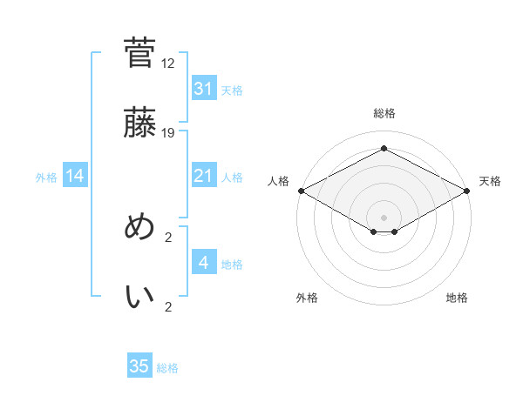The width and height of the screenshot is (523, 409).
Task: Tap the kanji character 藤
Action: click(139, 123)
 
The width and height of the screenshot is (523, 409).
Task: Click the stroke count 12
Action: click(168, 64)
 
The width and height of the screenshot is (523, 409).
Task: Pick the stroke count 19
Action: click(168, 133)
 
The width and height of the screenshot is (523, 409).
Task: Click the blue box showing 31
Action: click(203, 89)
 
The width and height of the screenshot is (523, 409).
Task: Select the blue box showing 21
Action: click(203, 177)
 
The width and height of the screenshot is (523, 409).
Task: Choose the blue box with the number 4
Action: click(203, 263)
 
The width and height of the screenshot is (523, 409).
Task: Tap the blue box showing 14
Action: click(75, 177)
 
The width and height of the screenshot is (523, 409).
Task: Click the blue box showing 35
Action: click(139, 366)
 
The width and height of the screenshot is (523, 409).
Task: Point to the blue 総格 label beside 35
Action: click(167, 368)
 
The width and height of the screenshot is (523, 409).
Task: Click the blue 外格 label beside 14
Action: click(46, 178)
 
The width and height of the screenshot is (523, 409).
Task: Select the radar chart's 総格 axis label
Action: click(384, 114)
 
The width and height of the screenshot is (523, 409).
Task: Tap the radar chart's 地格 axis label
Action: click(457, 298)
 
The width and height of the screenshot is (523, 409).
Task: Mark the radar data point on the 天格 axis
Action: click(468, 191)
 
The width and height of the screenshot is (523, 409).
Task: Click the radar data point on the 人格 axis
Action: click(300, 191)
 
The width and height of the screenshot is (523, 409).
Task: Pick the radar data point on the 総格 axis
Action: click(384, 149)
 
